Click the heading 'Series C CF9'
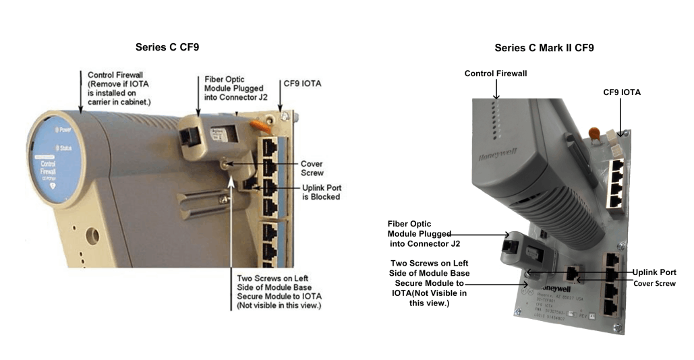[x=167, y=47]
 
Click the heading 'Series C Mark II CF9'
[x=544, y=48]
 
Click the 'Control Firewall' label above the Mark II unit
[x=496, y=73]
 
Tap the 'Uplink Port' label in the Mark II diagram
[x=654, y=272]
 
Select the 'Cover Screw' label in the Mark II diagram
[x=654, y=283]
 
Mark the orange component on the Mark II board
[x=594, y=133]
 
